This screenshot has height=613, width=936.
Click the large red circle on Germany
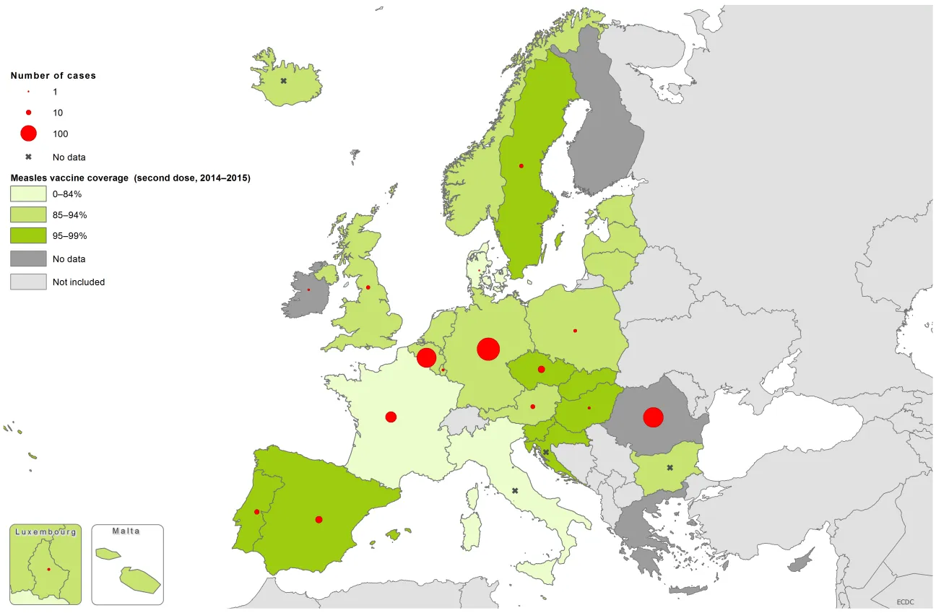(x=488, y=349)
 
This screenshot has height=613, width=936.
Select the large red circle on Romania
(x=653, y=417)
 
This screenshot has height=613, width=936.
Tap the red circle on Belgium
(x=426, y=357)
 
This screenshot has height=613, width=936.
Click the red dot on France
(x=391, y=417)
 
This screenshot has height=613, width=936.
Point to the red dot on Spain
(x=318, y=519)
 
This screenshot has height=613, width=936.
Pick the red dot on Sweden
(x=521, y=166)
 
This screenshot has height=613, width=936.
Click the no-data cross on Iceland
(x=284, y=81)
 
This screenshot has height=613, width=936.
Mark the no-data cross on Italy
(x=515, y=491)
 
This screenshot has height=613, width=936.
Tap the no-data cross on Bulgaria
(x=669, y=468)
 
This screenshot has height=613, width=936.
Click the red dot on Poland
(x=575, y=331)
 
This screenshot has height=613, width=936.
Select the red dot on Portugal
(x=257, y=512)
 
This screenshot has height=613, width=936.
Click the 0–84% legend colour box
(x=28, y=194)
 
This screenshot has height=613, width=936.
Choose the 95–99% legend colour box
(x=28, y=236)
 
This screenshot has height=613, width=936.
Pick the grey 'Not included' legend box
(x=28, y=282)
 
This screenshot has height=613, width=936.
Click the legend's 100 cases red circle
(x=28, y=134)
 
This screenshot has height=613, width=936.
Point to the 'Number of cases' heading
(x=53, y=75)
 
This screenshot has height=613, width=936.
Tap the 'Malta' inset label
(x=126, y=531)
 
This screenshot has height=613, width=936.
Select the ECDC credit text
(x=906, y=601)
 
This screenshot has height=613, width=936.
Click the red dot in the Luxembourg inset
(x=48, y=570)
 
